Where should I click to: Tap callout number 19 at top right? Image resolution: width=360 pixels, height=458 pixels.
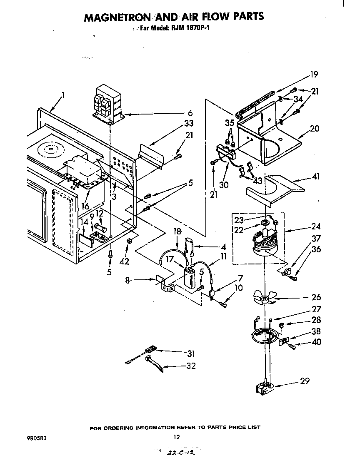314,75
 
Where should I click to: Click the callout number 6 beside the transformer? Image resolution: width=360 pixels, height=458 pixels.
190,113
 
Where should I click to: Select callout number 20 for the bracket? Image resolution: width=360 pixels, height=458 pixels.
315,129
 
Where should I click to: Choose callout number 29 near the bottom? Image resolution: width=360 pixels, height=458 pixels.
305,381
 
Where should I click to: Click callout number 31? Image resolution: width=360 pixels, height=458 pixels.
191,354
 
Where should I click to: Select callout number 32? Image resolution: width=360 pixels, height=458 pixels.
191,366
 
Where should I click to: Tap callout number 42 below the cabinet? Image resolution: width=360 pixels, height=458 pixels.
124,261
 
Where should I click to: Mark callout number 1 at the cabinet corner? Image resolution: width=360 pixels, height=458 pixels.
63,95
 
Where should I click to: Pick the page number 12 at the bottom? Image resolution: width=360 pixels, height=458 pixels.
177,437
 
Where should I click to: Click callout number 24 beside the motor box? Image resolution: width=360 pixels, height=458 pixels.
316,227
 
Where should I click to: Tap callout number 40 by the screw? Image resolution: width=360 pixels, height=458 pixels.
316,343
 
